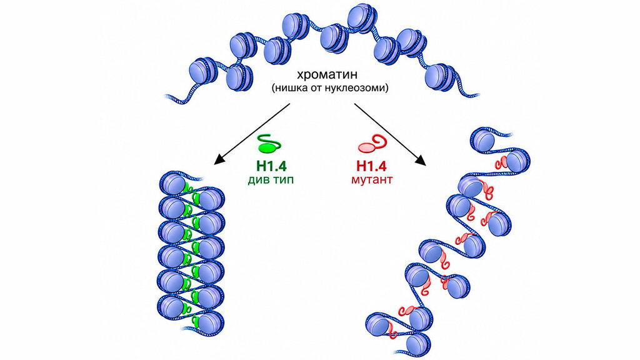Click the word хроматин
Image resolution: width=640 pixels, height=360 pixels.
coord(327,75)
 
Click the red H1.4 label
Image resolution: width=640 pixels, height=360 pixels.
coord(371,166)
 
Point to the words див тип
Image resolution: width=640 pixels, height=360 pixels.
coord(270,179)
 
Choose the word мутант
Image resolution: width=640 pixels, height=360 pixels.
coord(372,179)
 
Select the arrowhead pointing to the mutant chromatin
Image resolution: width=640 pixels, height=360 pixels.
coord(422,161)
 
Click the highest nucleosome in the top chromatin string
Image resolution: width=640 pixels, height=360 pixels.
coord(361,17)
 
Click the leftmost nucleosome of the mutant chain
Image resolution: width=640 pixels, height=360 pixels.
coord(378,324)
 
